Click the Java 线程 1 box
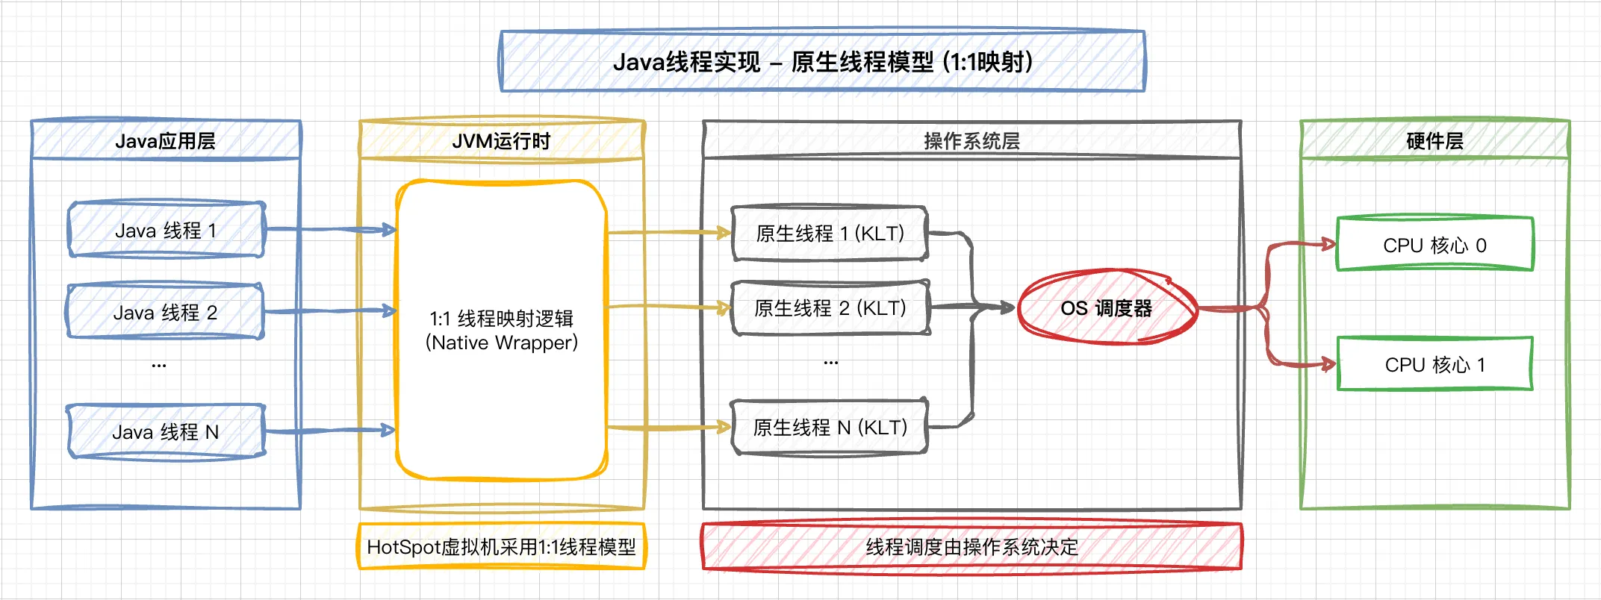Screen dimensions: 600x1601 pos(166,230)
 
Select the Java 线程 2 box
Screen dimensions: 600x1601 pos(165,312)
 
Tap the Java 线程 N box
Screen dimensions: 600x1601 pos(165,431)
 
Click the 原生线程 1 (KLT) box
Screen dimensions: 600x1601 pos(830,234)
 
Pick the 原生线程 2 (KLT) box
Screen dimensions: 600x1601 pos(830,307)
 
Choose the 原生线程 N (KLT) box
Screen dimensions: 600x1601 pos(830,428)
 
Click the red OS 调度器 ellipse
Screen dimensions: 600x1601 pos(1106,307)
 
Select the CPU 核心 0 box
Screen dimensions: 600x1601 pos(1434,245)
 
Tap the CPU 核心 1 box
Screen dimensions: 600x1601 pos(1434,364)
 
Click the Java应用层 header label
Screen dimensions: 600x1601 pos(165,140)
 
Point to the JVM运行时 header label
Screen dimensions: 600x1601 pos(501,140)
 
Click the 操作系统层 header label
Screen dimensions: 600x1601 pos(972,140)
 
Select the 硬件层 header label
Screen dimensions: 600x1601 pos(1434,140)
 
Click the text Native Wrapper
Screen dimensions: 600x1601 pos(502,343)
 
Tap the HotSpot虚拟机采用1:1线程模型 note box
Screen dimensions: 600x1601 pos(501,547)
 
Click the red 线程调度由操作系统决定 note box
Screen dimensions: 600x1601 pos(972,547)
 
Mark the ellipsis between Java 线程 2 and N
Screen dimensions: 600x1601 pos(159,365)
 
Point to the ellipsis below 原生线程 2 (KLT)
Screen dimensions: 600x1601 pos(831,362)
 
